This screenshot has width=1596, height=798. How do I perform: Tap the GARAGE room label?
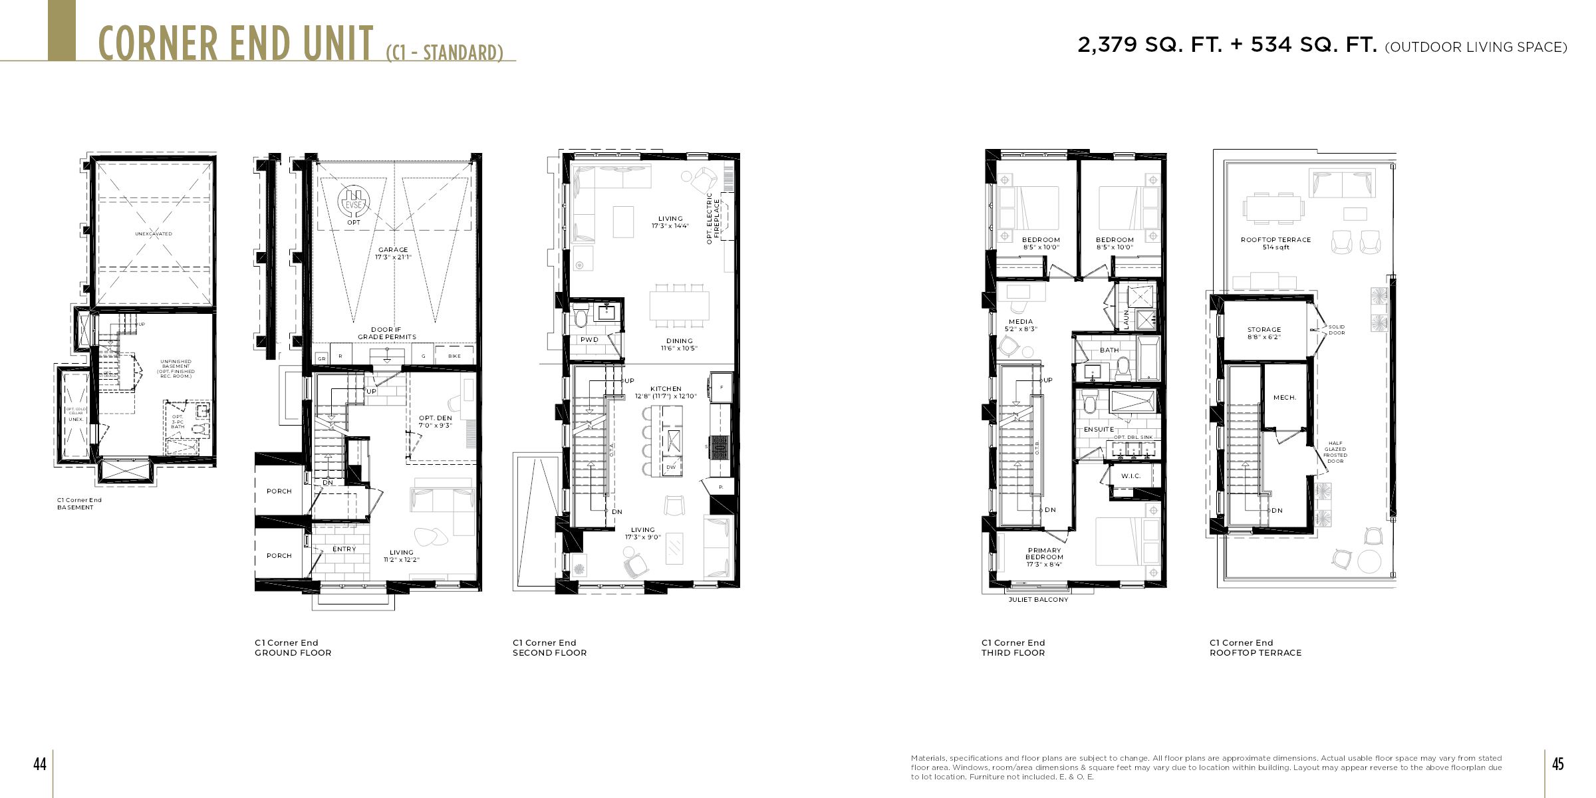click(x=393, y=251)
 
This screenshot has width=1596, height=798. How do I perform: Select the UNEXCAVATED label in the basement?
click(x=154, y=234)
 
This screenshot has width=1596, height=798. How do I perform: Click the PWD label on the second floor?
click(x=589, y=340)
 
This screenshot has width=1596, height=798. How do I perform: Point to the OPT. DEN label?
click(x=436, y=419)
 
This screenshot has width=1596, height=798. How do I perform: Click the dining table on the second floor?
click(x=679, y=306)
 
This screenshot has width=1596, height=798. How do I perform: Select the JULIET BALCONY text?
click(x=1038, y=600)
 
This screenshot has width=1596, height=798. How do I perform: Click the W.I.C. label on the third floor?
click(x=1130, y=476)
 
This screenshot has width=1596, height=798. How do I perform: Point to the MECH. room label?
click(x=1284, y=398)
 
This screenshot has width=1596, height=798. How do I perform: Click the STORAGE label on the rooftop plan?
click(x=1263, y=330)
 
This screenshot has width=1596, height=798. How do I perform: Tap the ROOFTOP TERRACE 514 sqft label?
click(x=1275, y=243)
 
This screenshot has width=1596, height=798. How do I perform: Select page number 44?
click(x=40, y=764)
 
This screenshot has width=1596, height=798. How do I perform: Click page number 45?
click(x=1557, y=764)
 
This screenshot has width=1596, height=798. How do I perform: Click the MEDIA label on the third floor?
click(x=1021, y=322)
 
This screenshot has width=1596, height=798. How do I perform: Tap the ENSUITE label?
click(x=1099, y=430)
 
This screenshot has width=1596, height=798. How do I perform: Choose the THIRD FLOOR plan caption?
click(x=1013, y=653)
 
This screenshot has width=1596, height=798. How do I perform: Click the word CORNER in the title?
click(x=158, y=44)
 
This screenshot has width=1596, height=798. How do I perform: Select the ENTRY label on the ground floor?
click(x=344, y=549)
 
